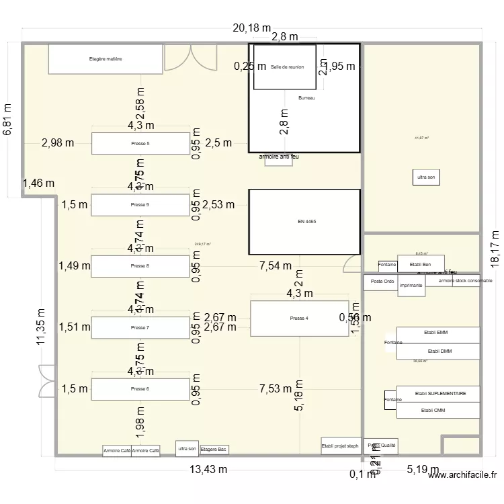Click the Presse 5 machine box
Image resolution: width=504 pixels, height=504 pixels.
[140, 143]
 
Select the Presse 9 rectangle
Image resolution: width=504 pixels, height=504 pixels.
[140, 205]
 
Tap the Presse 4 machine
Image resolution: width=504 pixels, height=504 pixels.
[299, 319]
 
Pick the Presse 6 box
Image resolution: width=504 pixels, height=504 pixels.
[140, 389]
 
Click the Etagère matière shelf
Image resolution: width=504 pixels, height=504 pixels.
[106, 59]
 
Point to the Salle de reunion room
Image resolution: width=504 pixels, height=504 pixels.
[285, 67]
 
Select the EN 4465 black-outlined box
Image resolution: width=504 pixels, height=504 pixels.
[304, 221]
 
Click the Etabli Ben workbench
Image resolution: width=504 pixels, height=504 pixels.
[421, 264]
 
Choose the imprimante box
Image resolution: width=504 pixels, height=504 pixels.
[411, 286]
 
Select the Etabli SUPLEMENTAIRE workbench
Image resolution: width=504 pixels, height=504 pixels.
[437, 394]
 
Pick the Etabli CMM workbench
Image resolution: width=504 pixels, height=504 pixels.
[437, 410]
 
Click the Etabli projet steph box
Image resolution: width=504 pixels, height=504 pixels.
[341, 445]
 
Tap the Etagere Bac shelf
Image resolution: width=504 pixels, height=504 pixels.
[214, 449]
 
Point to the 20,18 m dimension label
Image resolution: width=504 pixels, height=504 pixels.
[251, 28]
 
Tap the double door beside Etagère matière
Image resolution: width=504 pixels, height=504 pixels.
[191, 58]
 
